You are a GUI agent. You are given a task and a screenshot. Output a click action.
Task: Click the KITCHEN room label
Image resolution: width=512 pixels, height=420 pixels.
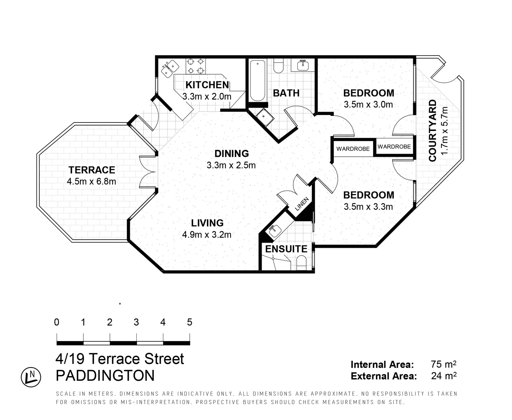point(207,85)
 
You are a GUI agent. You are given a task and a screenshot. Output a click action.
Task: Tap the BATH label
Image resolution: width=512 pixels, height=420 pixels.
point(286,93)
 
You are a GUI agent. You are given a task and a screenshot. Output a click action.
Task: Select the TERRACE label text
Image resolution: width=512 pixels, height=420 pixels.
point(92,170)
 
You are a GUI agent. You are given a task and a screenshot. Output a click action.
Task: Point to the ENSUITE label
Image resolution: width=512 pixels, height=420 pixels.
point(286,249)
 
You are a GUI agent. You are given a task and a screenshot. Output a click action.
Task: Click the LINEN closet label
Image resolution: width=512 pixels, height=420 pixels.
point(302,204)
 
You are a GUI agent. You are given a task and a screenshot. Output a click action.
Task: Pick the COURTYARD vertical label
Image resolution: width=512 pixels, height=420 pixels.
point(432,131)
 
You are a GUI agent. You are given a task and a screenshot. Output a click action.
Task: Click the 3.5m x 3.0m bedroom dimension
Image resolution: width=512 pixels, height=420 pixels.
point(368,105)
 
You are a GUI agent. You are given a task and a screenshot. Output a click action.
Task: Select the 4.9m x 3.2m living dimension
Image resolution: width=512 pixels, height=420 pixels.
point(207,234)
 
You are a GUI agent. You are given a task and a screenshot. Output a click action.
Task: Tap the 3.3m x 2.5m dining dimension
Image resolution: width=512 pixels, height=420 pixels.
point(231,165)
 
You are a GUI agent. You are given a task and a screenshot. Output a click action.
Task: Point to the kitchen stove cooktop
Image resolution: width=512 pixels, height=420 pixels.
point(196,66)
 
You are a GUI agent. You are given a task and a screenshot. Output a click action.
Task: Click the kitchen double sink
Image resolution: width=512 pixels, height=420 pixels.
point(169,68)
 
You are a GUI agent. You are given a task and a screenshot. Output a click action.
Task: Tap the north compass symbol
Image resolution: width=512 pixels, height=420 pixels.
point(31,377)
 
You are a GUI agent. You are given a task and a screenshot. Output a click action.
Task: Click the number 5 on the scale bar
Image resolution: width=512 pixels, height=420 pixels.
point(189,322)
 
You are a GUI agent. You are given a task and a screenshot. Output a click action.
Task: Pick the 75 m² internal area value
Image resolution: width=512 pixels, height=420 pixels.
point(443,364)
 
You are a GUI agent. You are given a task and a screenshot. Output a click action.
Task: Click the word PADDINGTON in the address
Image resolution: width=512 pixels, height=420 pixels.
point(105,376)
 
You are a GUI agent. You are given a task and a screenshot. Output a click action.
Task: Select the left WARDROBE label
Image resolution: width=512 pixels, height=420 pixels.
point(353,149)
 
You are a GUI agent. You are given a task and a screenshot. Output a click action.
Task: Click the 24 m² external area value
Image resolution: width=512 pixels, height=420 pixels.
point(443,376)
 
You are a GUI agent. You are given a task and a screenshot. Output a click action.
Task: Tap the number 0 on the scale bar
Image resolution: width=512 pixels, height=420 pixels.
point(57,322)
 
